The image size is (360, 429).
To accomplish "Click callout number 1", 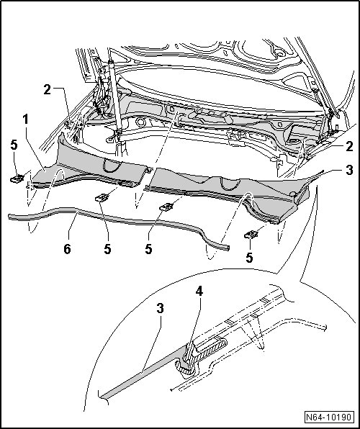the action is pyautogui.click(x=25, y=119).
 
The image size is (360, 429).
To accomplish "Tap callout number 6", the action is pyautogui.click(x=68, y=249).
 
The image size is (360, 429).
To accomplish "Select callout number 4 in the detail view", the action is pyautogui.click(x=199, y=292).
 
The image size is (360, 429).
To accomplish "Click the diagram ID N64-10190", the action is pyautogui.click(x=328, y=417).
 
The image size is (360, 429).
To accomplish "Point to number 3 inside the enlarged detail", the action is pyautogui.click(x=160, y=308).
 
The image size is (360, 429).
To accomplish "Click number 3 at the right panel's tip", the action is pyautogui.click(x=349, y=170).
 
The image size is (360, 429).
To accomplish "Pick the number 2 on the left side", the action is pyautogui.click(x=47, y=90).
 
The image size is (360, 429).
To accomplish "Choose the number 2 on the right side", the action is pyautogui.click(x=349, y=147).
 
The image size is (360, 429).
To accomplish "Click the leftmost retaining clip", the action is pyautogui.click(x=17, y=179).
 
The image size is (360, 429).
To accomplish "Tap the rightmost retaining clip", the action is pyautogui.click(x=251, y=235).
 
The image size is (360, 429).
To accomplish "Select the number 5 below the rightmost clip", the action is pyautogui.click(x=249, y=258).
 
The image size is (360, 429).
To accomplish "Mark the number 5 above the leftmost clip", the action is pyautogui.click(x=14, y=145).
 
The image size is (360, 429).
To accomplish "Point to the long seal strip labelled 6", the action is pyautogui.click(x=117, y=220).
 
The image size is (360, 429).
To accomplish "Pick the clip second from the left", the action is pyautogui.click(x=102, y=197).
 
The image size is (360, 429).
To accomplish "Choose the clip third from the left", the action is pyautogui.click(x=166, y=207).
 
